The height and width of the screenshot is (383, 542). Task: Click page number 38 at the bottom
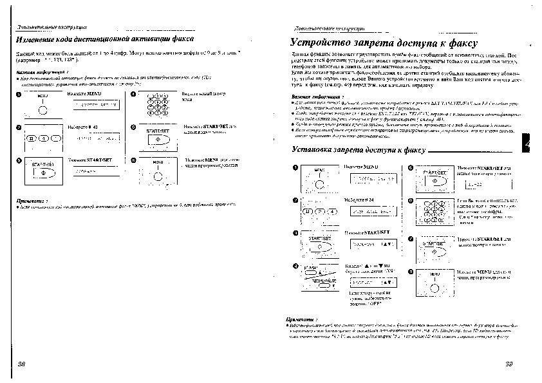[21, 364]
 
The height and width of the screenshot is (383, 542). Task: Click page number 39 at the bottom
[508, 364]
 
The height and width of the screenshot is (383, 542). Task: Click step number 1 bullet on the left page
[19, 95]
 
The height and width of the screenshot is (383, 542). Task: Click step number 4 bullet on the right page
[295, 266]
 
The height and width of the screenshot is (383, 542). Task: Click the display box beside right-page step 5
[478, 184]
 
